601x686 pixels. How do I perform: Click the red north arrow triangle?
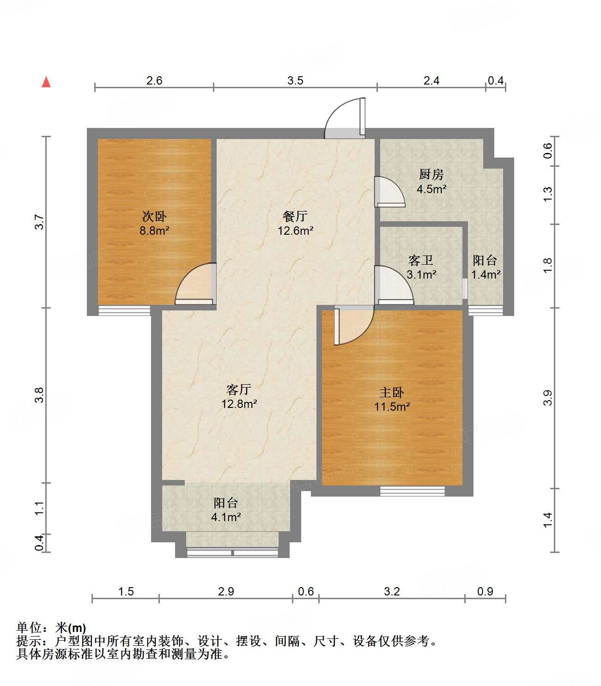tap(46, 82)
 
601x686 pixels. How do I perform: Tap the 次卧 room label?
tap(154, 216)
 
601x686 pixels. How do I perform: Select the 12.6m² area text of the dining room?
tap(296, 231)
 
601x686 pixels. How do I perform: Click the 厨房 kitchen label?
tap(431, 174)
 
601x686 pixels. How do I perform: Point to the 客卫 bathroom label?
tap(421, 261)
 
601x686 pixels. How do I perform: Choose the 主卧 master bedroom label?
tap(392, 393)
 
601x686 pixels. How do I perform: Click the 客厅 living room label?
tap(239, 389)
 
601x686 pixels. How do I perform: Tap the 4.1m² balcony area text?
tap(226, 517)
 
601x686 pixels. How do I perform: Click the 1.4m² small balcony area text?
tap(486, 275)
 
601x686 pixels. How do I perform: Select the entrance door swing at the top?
tap(346, 119)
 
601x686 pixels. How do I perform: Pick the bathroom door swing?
tap(394, 285)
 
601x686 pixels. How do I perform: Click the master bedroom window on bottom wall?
tap(412, 491)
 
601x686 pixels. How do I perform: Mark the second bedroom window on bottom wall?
tap(124, 310)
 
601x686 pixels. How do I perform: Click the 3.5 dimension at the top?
tap(295, 81)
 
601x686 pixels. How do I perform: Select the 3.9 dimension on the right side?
tap(548, 398)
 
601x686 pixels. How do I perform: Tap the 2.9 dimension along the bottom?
tap(226, 591)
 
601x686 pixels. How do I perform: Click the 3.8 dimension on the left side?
tap(40, 395)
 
